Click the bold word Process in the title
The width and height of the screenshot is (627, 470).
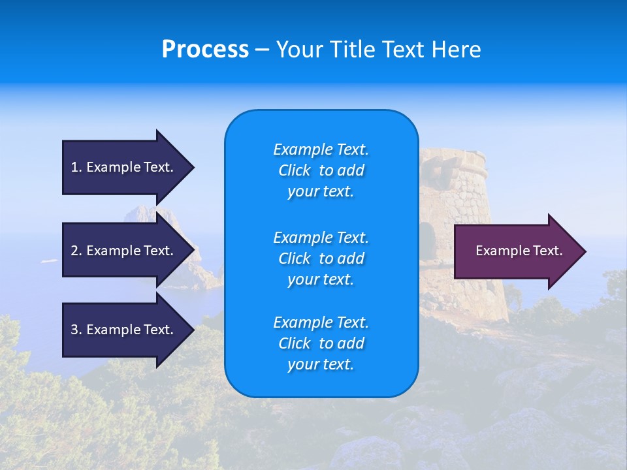click(205, 49)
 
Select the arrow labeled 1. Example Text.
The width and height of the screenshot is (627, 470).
click(124, 167)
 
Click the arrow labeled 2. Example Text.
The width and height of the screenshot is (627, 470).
click(124, 251)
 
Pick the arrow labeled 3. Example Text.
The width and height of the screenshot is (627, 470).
click(124, 330)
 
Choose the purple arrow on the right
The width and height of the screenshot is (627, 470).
click(516, 251)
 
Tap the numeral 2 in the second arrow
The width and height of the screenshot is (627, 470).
click(74, 251)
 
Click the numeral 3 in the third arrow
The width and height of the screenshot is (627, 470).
click(74, 330)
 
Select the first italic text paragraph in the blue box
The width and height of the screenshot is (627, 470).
click(321, 170)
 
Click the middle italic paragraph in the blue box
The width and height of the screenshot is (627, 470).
click(321, 258)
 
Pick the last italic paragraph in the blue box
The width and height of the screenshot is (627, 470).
click(321, 343)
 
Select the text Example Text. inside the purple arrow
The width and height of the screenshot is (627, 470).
click(519, 251)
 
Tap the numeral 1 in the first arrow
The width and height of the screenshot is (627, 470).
click(74, 167)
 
